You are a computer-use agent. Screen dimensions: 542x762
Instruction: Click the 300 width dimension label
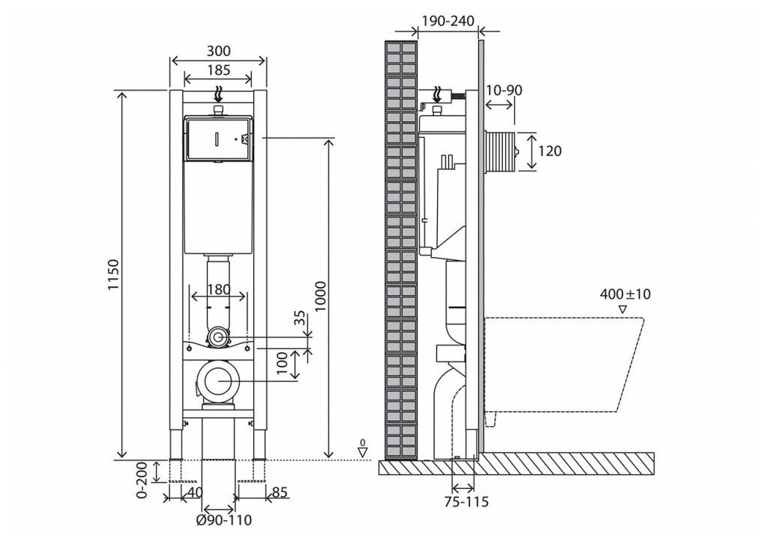click(x=218, y=51)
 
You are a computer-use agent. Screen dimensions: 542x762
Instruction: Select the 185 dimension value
click(x=218, y=71)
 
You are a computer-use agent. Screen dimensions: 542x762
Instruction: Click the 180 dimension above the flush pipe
click(x=218, y=289)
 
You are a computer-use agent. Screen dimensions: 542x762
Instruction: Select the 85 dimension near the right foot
click(x=280, y=492)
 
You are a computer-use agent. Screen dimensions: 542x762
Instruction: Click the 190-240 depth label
click(x=447, y=22)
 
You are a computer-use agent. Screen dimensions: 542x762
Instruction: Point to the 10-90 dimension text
click(x=504, y=90)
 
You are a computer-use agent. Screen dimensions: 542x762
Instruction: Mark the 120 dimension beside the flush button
click(x=550, y=151)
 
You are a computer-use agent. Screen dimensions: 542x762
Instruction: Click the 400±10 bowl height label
click(x=625, y=294)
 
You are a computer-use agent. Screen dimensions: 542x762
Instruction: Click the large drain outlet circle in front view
click(x=218, y=381)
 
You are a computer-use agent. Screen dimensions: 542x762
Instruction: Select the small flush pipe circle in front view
click(x=218, y=338)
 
